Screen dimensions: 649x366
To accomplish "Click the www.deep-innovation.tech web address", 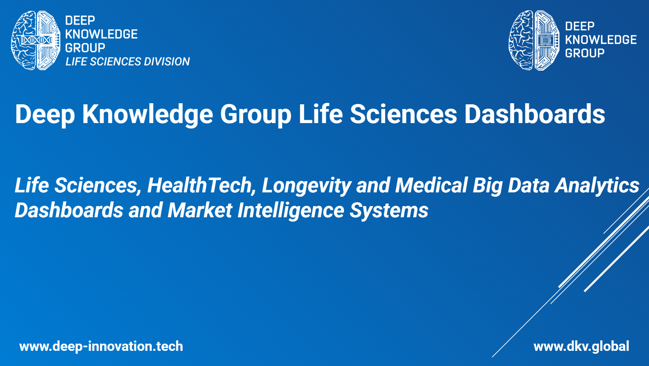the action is click(x=101, y=347).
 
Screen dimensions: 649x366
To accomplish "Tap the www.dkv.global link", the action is click(x=581, y=347).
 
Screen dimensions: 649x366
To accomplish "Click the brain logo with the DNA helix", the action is click(x=36, y=40).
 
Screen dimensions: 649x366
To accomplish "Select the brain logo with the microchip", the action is click(x=534, y=40).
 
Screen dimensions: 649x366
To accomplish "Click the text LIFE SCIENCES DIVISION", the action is click(x=128, y=62).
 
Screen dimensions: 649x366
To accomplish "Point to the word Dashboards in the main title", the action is click(x=534, y=114).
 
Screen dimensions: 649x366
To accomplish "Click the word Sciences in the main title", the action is click(x=403, y=114).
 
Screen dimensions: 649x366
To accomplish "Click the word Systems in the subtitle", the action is click(x=389, y=211).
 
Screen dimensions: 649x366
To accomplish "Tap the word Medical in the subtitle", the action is click(x=431, y=186).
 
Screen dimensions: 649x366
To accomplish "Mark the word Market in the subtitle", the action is click(x=200, y=210).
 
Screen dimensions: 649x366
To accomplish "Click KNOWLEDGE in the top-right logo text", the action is click(x=601, y=40).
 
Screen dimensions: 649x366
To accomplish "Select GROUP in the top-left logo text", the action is click(x=85, y=48).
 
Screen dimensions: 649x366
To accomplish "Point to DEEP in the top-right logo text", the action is click(x=580, y=26).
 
